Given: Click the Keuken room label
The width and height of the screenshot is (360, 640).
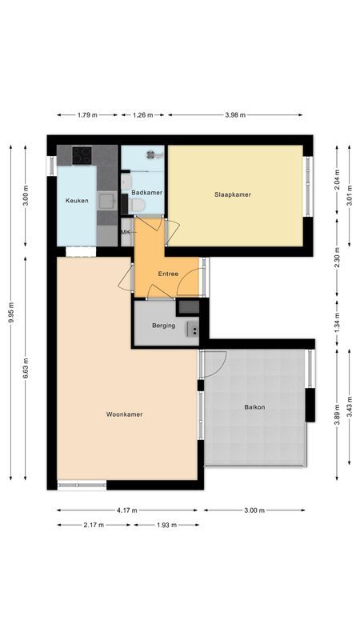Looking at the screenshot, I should click(76, 201).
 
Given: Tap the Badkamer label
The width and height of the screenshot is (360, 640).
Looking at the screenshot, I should click(146, 193).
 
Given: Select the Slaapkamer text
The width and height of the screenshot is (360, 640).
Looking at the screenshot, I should click(233, 194).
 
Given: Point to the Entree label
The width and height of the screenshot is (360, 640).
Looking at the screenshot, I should click(168, 274).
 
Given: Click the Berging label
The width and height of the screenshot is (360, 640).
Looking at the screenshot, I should click(163, 326).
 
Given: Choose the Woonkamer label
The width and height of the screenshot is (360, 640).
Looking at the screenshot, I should click(124, 414).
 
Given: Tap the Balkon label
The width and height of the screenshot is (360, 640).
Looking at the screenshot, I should click(254, 407).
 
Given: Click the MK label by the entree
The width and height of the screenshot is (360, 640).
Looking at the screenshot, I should click(125, 232).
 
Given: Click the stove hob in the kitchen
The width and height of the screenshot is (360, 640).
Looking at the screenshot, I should click(82, 154).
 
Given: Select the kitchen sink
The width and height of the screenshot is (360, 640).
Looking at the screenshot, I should click(106, 200).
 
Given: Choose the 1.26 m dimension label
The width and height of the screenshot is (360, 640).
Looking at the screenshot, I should click(143, 115).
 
